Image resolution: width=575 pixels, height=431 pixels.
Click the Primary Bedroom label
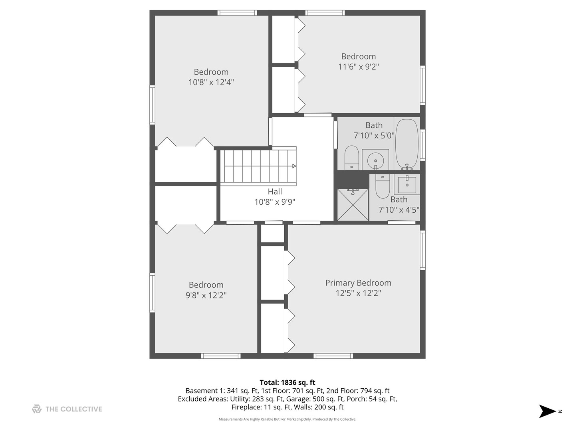(358, 283)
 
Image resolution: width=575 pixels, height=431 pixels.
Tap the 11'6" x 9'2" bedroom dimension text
(358, 67)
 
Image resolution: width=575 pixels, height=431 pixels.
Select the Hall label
(275, 192)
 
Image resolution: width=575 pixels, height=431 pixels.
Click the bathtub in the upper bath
(406, 144)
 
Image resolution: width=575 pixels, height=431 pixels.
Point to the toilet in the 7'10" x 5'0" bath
(352, 157)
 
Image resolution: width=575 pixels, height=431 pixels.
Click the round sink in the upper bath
(375, 160)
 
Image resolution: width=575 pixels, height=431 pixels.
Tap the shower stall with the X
(353, 205)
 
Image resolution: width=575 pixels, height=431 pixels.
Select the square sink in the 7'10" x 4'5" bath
(407, 184)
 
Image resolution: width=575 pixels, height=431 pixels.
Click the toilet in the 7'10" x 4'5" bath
(383, 186)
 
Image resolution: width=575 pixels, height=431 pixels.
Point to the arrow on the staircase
(293, 166)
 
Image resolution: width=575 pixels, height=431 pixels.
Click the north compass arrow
(547, 411)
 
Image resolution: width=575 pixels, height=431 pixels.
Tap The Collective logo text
(73, 409)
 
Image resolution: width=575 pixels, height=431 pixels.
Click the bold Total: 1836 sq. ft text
(287, 382)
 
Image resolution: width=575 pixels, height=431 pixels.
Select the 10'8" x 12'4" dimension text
(211, 82)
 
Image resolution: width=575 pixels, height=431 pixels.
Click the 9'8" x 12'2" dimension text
(206, 295)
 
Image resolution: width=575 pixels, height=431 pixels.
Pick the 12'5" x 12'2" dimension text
(358, 293)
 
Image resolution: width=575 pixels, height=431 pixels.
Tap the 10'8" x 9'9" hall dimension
(275, 202)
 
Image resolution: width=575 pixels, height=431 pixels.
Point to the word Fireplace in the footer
(246, 407)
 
